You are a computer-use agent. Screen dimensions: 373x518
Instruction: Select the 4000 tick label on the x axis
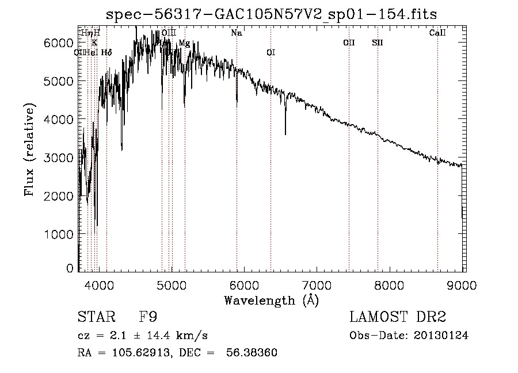[x=98, y=284]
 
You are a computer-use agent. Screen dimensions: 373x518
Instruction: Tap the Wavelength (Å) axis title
[x=271, y=301]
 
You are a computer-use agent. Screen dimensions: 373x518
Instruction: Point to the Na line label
[x=237, y=33]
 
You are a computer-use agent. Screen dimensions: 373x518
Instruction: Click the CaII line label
[x=437, y=33]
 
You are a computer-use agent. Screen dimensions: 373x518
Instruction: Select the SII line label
[x=378, y=43]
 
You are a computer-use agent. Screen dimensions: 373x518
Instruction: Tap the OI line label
[x=271, y=52]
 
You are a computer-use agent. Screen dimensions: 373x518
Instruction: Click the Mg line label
[x=184, y=43]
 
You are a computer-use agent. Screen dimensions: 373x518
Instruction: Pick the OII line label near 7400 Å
[x=349, y=43]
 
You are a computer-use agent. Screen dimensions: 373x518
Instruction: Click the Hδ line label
[x=106, y=52]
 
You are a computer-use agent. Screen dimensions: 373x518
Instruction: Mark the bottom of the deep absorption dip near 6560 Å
[x=285, y=134]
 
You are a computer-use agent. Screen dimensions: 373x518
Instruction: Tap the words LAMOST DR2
[x=398, y=317]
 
